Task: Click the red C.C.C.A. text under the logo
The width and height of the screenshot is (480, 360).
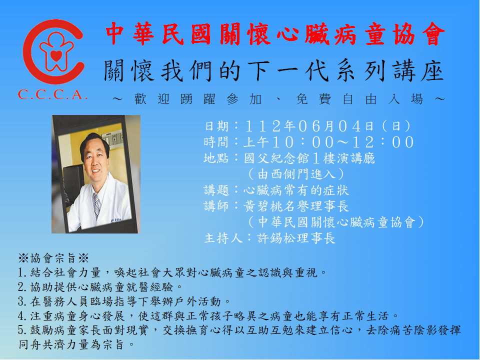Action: [x=52, y=94]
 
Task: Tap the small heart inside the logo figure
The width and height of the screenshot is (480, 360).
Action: [x=56, y=55]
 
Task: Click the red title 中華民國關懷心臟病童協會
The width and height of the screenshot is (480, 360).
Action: [x=275, y=34]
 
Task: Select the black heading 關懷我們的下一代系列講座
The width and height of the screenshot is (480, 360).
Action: [x=274, y=71]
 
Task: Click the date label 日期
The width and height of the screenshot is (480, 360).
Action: [x=216, y=126]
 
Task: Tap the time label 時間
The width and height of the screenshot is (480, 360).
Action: [x=216, y=142]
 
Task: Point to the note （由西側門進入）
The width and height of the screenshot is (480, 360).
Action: [x=296, y=174]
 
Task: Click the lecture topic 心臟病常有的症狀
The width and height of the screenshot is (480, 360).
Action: [x=296, y=190]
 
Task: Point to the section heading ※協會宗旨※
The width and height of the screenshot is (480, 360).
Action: [x=53, y=258]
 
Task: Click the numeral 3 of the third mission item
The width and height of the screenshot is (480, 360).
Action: [x=21, y=302]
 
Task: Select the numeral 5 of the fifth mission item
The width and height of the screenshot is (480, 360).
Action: [x=21, y=330]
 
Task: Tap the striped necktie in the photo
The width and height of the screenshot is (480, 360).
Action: [x=96, y=205]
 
